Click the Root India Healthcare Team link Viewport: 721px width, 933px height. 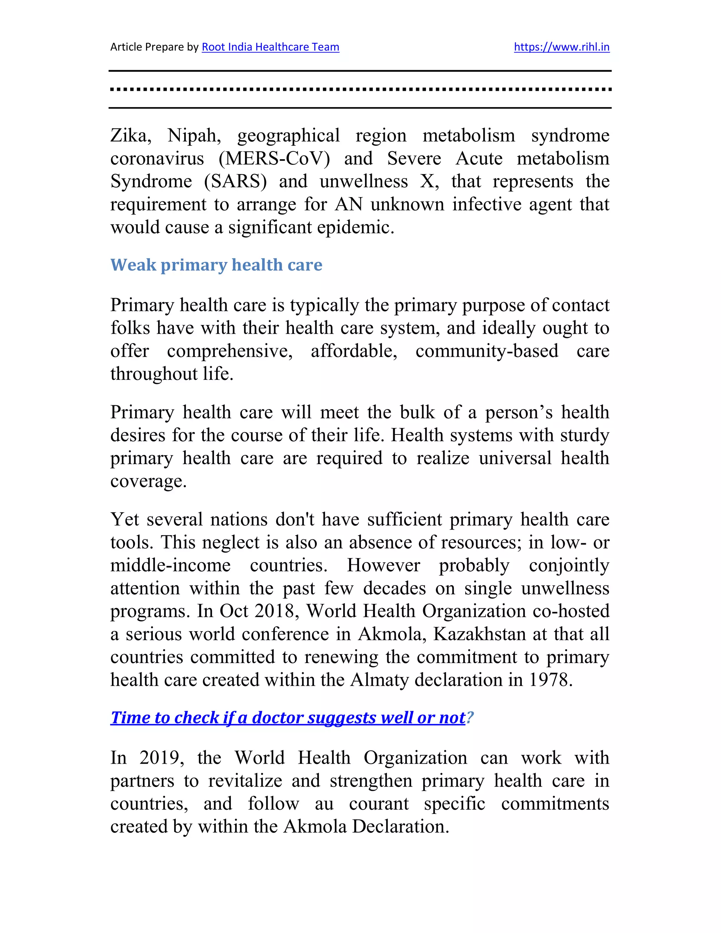[270, 47]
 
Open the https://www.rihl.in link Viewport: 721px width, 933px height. [561, 47]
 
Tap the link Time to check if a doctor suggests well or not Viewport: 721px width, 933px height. [288, 718]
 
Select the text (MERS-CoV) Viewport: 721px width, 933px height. [274, 159]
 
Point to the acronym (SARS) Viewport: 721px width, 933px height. [236, 182]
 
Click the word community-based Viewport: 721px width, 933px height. [487, 351]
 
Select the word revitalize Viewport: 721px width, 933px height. [245, 781]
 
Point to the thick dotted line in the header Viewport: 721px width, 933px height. [360, 90]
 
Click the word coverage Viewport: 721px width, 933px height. [148, 481]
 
